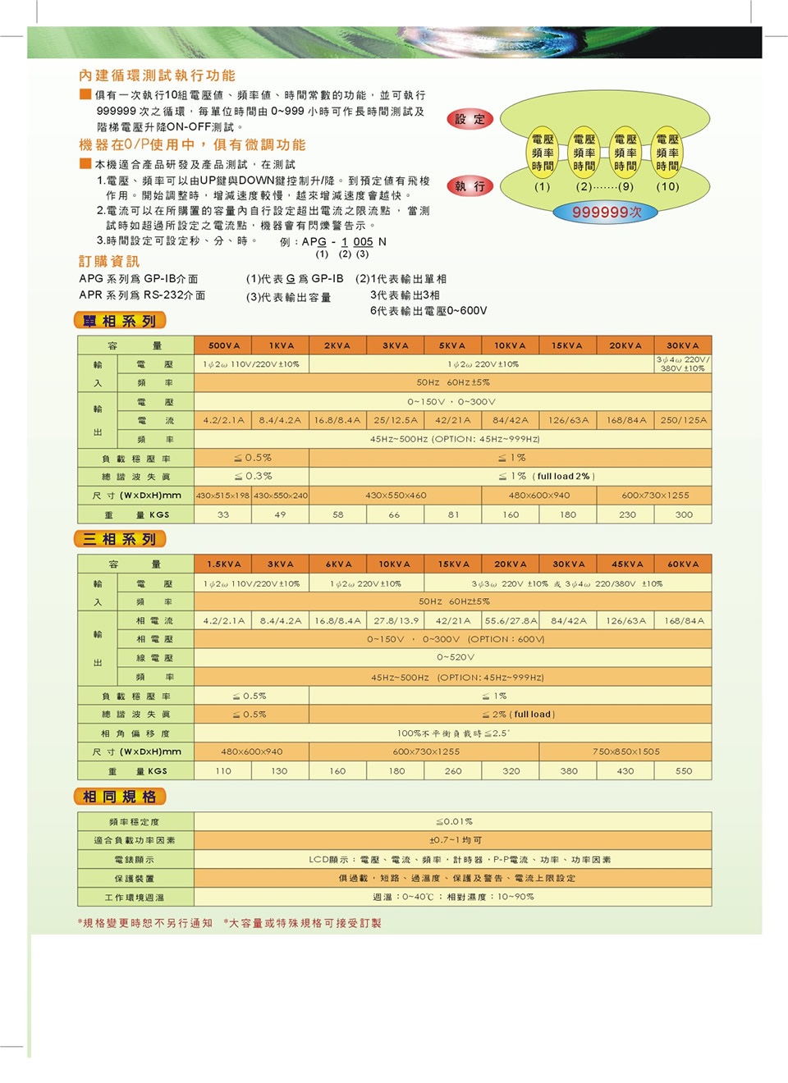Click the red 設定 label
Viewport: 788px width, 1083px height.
(470, 119)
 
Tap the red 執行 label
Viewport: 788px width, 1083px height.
(470, 186)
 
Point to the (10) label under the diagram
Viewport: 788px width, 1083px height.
(667, 186)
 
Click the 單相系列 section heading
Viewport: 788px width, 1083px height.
(120, 321)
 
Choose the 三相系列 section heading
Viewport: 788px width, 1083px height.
(120, 539)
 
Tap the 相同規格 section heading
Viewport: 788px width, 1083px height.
(120, 797)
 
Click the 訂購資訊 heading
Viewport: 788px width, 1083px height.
(109, 261)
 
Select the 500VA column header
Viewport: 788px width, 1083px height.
(223, 345)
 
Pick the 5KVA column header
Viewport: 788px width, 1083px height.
(452, 345)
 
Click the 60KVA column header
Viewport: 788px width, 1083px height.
(683, 564)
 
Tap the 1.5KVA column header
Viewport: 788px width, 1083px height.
(223, 564)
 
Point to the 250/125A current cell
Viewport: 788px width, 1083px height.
(683, 420)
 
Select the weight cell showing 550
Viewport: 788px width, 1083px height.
(684, 771)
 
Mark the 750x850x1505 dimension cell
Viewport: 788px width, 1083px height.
(626, 752)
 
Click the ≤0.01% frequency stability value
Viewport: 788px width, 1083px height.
(454, 821)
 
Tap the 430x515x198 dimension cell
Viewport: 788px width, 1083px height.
(222, 496)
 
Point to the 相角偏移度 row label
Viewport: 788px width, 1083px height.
(135, 733)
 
